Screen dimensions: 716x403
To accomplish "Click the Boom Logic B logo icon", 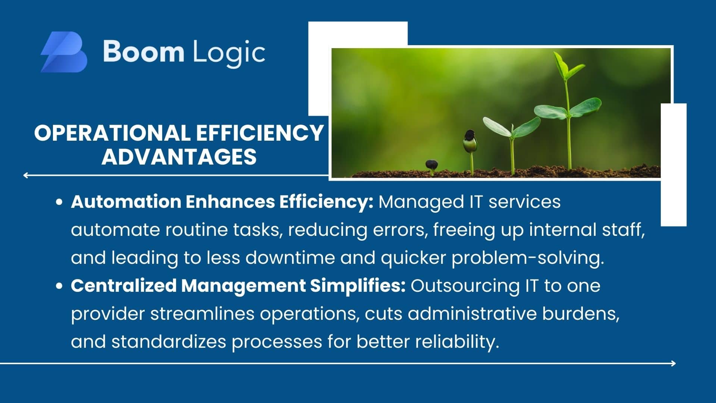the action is [64, 52].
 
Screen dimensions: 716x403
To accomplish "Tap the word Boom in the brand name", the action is [144, 51].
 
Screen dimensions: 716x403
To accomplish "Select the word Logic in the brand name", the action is [229, 53].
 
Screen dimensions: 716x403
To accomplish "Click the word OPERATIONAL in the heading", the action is [112, 133].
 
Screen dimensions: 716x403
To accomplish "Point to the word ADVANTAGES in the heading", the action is [179, 157].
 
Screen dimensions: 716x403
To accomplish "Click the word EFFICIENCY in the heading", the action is [260, 133].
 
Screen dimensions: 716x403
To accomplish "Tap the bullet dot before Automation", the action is [59, 202].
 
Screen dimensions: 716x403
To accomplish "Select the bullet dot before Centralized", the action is [59, 286].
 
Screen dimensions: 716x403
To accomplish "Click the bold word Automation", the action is [126, 202].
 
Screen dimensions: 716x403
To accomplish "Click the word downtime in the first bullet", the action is [290, 258].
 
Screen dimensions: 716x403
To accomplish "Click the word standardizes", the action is [169, 342].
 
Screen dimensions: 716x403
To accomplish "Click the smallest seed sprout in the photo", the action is [431, 167].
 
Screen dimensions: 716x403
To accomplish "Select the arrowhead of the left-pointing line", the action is [25, 175].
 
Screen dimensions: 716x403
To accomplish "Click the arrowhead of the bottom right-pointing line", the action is [673, 363].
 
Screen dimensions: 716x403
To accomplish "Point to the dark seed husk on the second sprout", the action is [470, 135].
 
